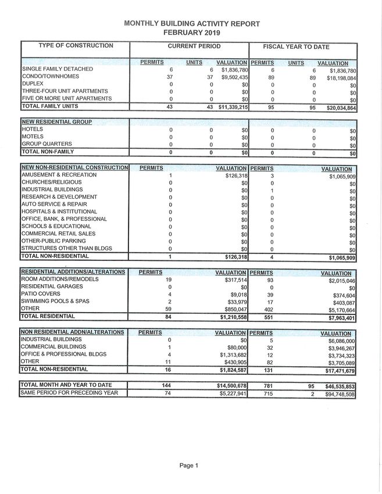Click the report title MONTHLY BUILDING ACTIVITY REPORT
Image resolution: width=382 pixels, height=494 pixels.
coord(192,24)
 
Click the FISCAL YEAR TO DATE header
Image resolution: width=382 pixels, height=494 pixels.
coord(296,46)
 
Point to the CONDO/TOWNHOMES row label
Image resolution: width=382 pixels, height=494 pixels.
coord(51,77)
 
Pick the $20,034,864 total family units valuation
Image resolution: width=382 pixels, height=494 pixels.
coord(341,108)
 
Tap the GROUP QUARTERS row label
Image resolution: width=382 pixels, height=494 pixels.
coord(47,144)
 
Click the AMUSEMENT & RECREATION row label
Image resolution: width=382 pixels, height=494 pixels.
coord(59,175)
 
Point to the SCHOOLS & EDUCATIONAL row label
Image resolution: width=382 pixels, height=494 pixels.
coord(56,227)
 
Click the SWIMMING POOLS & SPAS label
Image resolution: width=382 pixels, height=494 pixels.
coord(56,301)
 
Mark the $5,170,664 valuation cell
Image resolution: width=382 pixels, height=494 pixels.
coord(341,310)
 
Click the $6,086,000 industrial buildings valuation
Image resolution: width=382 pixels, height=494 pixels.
coord(341,341)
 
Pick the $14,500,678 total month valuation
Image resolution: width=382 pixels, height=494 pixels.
coord(231,385)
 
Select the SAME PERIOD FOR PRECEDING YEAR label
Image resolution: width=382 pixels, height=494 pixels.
coord(69,393)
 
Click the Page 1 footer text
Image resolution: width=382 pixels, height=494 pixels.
coord(189,466)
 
